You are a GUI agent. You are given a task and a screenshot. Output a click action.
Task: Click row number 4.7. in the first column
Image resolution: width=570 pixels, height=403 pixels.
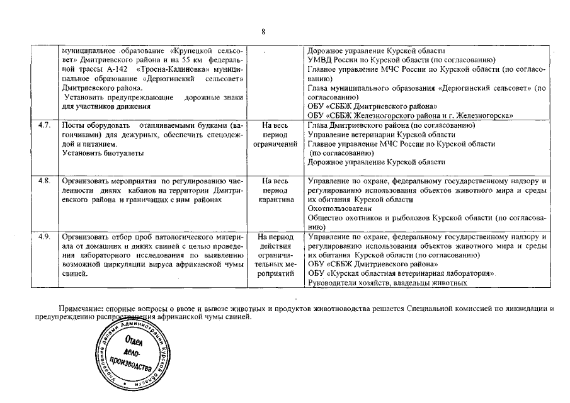point(44,126)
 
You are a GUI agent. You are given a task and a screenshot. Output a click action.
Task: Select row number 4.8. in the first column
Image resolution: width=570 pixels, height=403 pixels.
point(44,181)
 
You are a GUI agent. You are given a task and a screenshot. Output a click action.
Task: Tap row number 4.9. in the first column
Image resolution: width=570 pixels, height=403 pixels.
point(44,237)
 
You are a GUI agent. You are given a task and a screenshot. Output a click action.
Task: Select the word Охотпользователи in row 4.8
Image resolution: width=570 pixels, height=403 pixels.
point(337,208)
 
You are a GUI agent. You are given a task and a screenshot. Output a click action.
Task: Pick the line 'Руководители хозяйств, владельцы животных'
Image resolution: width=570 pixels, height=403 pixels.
point(387,283)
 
